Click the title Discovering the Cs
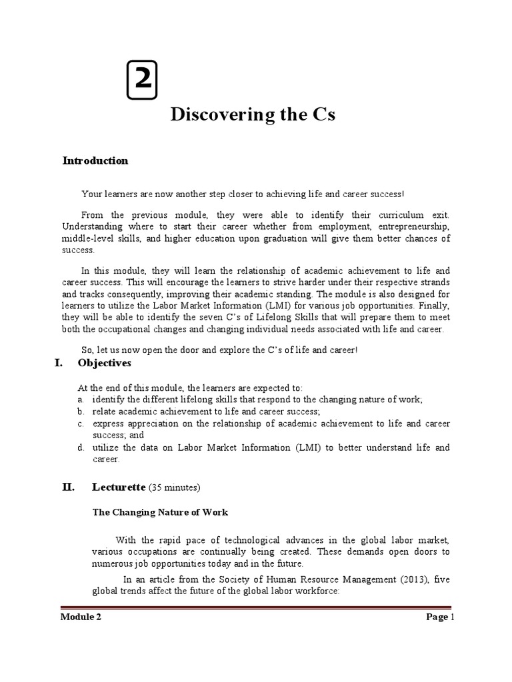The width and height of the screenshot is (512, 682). (x=253, y=115)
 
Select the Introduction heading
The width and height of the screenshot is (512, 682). (x=95, y=161)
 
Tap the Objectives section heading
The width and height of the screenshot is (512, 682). (x=104, y=363)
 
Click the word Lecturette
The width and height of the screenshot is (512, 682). (x=118, y=488)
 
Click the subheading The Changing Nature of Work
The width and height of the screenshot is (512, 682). (x=159, y=512)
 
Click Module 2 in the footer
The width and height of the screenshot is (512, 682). (x=81, y=617)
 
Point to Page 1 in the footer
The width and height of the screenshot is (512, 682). (x=440, y=617)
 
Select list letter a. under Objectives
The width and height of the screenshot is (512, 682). (x=79, y=400)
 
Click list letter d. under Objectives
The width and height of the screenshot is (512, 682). (x=79, y=448)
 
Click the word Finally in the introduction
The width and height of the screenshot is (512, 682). (x=435, y=307)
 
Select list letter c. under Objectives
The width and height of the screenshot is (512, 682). (x=79, y=424)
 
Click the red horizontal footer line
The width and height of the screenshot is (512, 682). (x=256, y=607)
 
